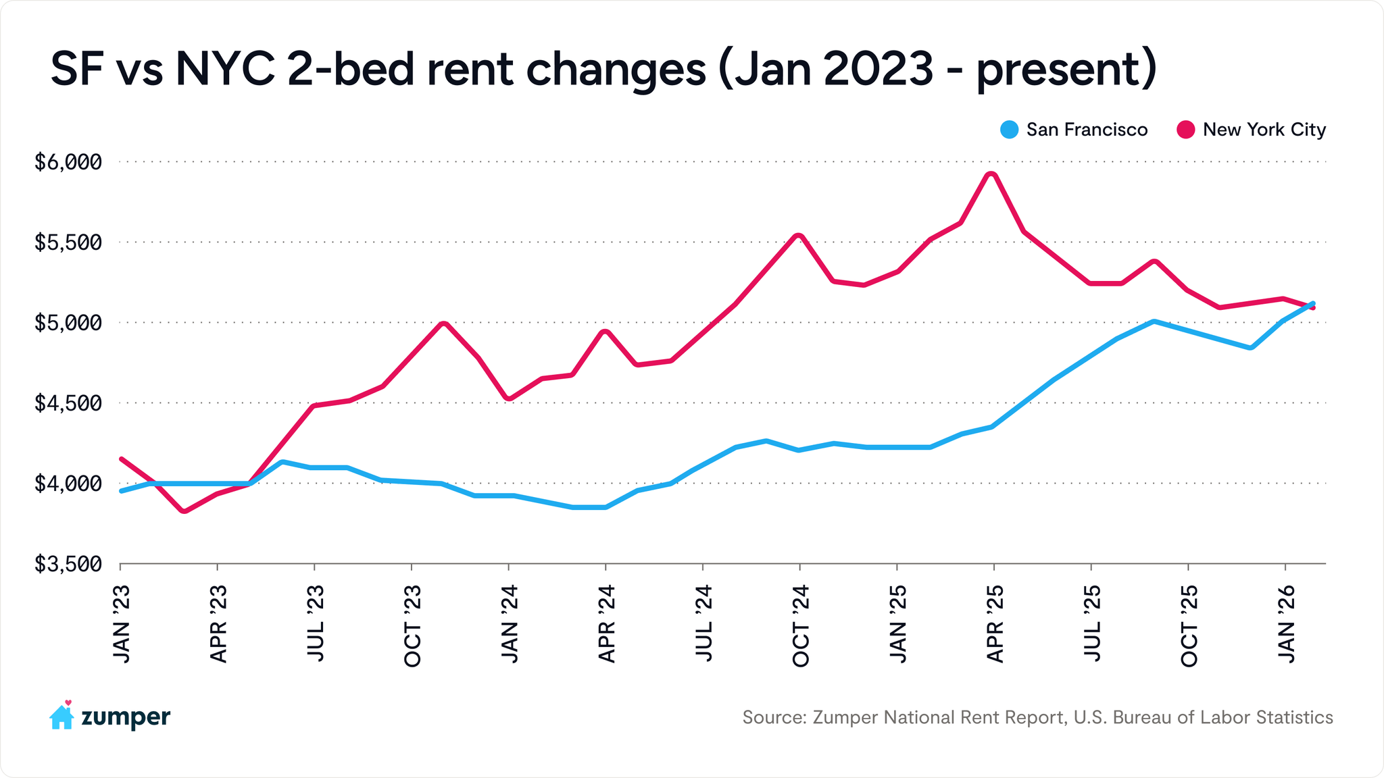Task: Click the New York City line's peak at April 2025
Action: click(x=991, y=174)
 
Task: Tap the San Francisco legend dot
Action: click(x=1009, y=130)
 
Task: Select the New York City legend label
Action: click(x=1264, y=130)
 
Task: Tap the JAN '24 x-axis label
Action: click(x=509, y=625)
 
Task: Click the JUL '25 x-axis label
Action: click(x=1091, y=625)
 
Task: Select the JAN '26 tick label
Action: click(x=1285, y=625)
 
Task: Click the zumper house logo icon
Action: click(x=61, y=716)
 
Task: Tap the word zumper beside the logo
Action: click(x=126, y=717)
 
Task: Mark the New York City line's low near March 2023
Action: click(x=184, y=511)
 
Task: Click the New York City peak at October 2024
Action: click(x=799, y=236)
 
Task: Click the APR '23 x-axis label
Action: click(x=218, y=625)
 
